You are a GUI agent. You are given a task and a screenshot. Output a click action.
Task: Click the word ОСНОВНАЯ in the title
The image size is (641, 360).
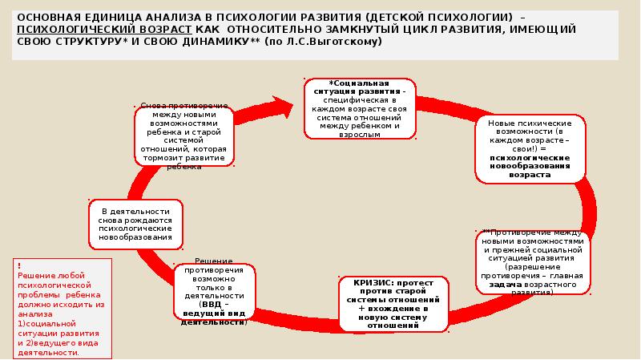[50, 16]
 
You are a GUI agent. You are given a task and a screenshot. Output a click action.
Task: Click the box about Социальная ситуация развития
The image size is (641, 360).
[359, 106]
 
